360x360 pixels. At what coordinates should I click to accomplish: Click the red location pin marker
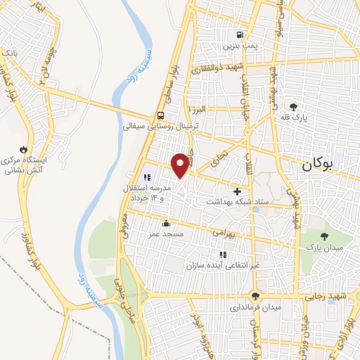coord(181,165)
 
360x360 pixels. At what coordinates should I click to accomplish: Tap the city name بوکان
coord(316,166)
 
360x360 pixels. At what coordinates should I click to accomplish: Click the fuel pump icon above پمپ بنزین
coord(240,35)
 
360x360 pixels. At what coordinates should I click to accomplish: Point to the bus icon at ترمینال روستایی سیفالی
coord(162,116)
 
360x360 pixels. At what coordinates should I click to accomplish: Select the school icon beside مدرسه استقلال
coord(147,179)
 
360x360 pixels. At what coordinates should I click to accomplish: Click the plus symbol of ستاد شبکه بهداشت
coord(237,191)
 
